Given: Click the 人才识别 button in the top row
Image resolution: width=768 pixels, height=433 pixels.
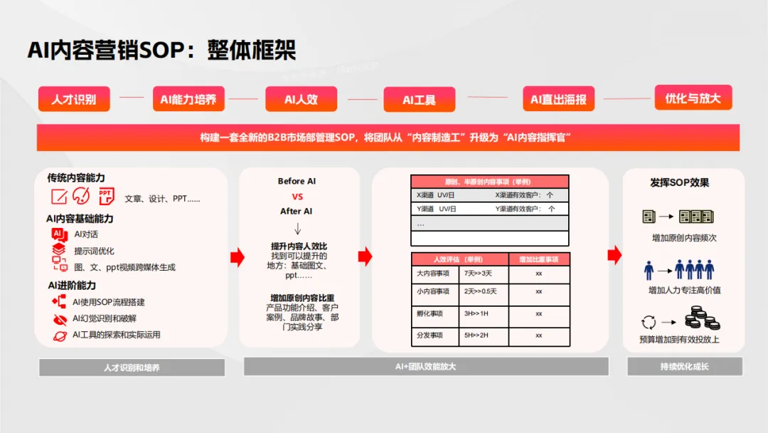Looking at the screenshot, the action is [74, 99].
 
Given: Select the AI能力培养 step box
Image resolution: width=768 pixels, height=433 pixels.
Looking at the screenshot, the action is [188, 99].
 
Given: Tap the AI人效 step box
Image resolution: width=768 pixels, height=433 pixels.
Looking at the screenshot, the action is [301, 99].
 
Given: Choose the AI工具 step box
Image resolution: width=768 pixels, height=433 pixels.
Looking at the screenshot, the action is [419, 100].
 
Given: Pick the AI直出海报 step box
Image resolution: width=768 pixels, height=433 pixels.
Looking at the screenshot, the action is [558, 100].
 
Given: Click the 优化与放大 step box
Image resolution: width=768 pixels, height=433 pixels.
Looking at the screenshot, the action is [693, 98].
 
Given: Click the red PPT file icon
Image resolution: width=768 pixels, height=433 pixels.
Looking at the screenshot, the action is [106, 196].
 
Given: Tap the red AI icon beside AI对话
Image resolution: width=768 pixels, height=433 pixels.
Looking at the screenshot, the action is [59, 234].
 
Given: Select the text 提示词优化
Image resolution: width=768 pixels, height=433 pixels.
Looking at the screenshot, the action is [94, 251].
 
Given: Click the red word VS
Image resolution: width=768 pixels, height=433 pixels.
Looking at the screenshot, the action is [297, 197].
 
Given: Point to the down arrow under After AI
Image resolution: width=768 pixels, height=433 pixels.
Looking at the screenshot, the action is [297, 229].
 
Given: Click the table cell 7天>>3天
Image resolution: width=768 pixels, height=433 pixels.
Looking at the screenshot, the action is [479, 273].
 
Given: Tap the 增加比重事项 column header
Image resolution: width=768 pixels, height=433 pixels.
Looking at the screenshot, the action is [538, 259].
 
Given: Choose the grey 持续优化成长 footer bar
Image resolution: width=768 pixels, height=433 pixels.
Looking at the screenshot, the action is [684, 367].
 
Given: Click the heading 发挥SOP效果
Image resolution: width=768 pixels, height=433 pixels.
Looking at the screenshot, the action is [679, 182].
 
